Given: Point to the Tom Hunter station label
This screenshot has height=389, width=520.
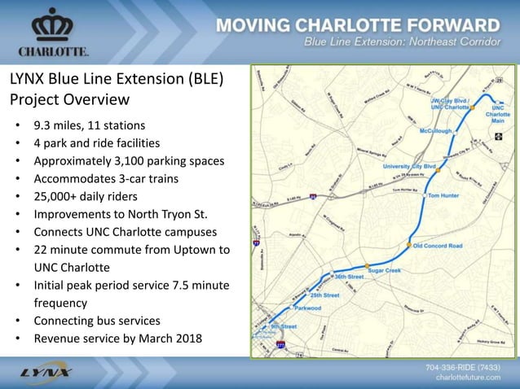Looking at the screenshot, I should tap(445, 196).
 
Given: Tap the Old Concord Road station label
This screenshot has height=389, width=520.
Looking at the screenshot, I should tap(438, 245).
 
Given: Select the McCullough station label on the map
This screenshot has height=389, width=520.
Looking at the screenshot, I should tap(436, 130).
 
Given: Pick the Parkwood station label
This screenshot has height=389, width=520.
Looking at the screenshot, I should tap(307, 308).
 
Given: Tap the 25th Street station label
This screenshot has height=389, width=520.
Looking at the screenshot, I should tap(324, 295).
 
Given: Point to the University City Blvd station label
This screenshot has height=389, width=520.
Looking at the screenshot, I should tap(408, 166).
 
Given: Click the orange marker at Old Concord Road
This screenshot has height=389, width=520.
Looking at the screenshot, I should tap(409, 244).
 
